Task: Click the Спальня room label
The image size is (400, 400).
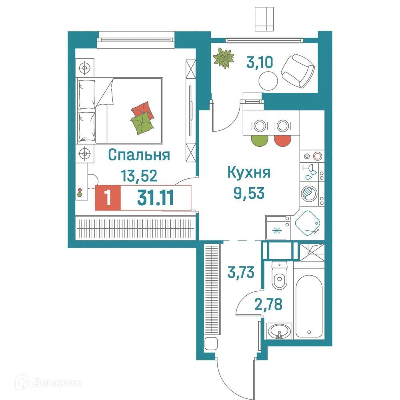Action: point(139,155)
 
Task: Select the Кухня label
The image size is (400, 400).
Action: point(249,173)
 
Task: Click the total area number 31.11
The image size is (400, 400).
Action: point(155,198)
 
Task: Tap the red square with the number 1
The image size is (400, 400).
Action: point(107,198)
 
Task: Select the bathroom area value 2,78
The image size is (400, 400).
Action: point(268,304)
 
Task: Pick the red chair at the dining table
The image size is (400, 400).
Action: point(282,140)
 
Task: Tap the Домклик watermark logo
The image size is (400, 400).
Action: point(48,383)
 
